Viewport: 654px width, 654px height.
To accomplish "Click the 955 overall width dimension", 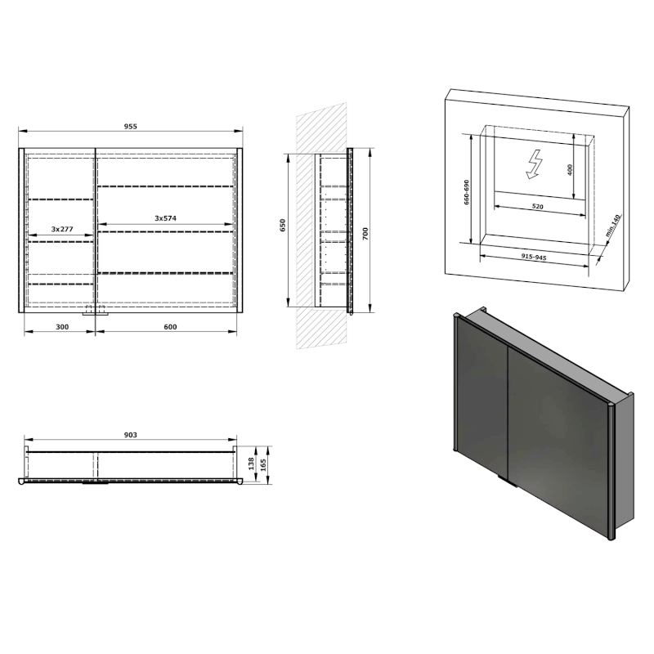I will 131,126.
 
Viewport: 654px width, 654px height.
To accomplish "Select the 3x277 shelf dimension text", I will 62,230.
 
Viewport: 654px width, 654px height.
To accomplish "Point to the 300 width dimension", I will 61,327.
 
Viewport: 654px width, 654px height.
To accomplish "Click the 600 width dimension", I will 170,327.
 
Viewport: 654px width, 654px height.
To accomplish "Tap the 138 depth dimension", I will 250,463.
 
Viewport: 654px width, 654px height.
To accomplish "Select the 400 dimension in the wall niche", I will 570,169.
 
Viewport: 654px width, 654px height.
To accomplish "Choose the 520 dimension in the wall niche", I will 537,207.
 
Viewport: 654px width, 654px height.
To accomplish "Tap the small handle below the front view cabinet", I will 96,313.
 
